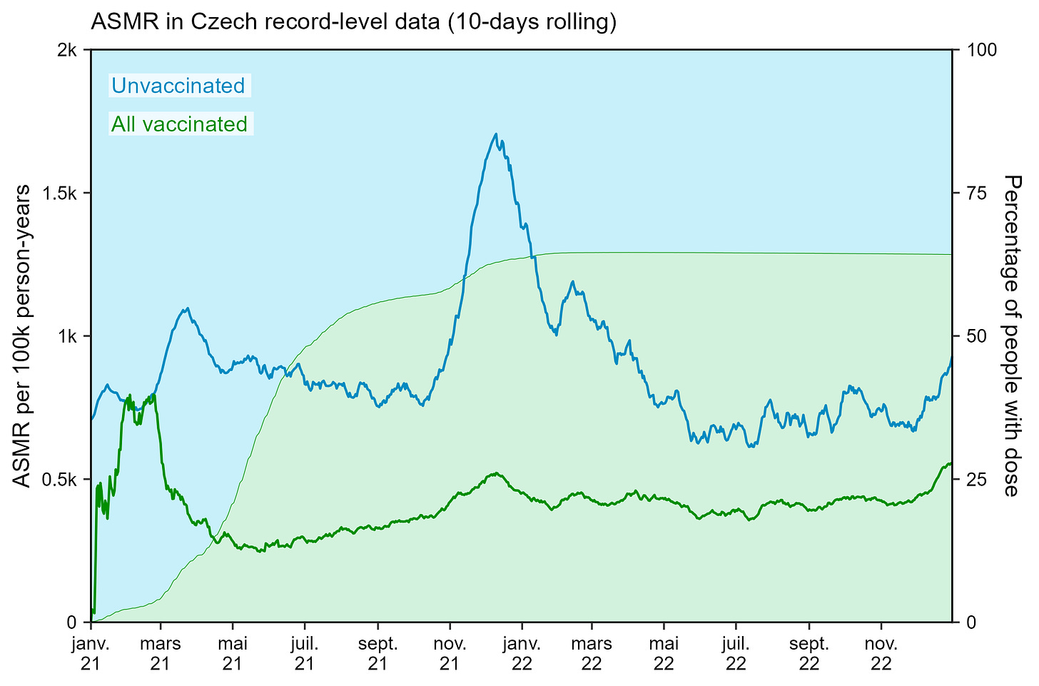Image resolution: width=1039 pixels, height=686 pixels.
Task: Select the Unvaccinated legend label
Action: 178,86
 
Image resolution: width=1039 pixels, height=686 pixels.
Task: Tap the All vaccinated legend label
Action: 180,124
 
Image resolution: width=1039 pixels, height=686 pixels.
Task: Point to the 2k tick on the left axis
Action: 69,50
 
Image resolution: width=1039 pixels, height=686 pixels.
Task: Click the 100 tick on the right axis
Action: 978,50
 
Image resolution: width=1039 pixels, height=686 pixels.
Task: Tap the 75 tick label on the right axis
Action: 974,193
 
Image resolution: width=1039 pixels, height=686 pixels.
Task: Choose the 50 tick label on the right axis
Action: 974,336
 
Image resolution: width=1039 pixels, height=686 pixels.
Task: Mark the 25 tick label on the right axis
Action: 974,479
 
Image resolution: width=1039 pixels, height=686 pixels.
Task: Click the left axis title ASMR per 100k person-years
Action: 23,336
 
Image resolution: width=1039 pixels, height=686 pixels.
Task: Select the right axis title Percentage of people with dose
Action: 1011,336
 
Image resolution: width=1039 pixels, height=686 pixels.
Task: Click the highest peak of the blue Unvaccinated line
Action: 495,133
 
